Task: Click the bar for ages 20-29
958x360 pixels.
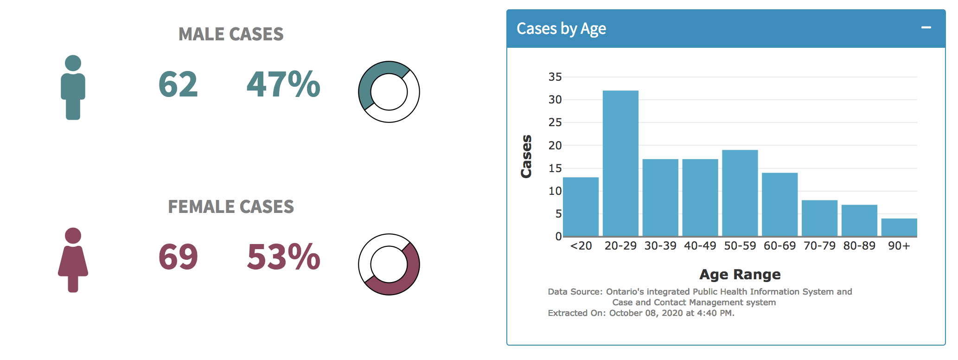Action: (620, 163)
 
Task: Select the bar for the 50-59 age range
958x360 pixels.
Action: (740, 193)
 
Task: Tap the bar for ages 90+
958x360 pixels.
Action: (899, 227)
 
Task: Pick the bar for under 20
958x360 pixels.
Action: (581, 207)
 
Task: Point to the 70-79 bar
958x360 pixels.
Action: (819, 219)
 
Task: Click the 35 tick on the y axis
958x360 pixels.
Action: (555, 77)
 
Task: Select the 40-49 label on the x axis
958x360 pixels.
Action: (700, 246)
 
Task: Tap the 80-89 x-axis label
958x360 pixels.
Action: (859, 246)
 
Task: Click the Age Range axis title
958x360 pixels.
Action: (740, 275)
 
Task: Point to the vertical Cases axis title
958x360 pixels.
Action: (526, 156)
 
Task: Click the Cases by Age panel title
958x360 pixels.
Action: (561, 29)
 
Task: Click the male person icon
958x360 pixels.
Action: (73, 88)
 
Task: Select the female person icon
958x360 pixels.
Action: (73, 260)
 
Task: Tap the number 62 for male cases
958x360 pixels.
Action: (178, 85)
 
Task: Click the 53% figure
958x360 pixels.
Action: (283, 257)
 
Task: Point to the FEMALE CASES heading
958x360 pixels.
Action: (231, 206)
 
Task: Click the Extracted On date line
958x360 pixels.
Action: (641, 313)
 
